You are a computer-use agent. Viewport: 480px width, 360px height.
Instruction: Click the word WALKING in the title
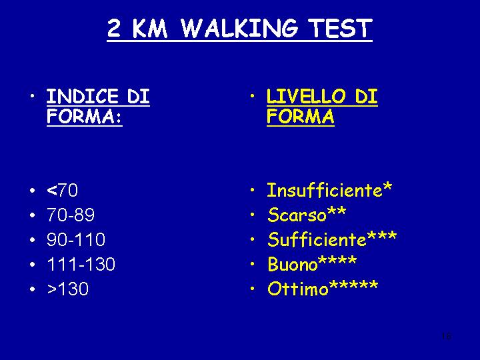(x=239, y=28)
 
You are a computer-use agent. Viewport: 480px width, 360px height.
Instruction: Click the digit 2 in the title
(x=114, y=28)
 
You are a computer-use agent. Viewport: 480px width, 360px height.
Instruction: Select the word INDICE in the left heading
(x=83, y=97)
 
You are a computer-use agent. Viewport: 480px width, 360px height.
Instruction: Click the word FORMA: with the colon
(x=85, y=116)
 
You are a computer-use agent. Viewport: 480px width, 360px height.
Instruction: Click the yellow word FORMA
(x=300, y=116)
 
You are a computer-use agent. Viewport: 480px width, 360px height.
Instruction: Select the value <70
(x=63, y=190)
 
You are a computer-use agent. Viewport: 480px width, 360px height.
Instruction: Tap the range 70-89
(x=71, y=215)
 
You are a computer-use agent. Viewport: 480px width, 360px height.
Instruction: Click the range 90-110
(x=76, y=239)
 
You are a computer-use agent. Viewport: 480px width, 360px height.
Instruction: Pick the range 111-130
(x=81, y=264)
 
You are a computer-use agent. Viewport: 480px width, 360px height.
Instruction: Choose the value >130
(x=68, y=289)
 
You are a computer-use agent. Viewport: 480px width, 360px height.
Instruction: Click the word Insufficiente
(x=325, y=190)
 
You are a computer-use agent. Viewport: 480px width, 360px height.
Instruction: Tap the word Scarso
(x=297, y=215)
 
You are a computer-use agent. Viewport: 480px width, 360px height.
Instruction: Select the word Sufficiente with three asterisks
(x=332, y=239)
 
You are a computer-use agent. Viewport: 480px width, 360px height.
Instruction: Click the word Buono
(x=293, y=264)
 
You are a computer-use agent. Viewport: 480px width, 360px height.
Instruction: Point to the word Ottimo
(x=297, y=289)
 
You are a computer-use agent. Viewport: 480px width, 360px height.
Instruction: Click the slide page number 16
(x=446, y=336)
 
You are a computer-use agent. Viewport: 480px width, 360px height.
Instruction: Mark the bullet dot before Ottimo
(x=252, y=289)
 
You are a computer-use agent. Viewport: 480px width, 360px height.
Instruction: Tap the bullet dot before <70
(x=33, y=191)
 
